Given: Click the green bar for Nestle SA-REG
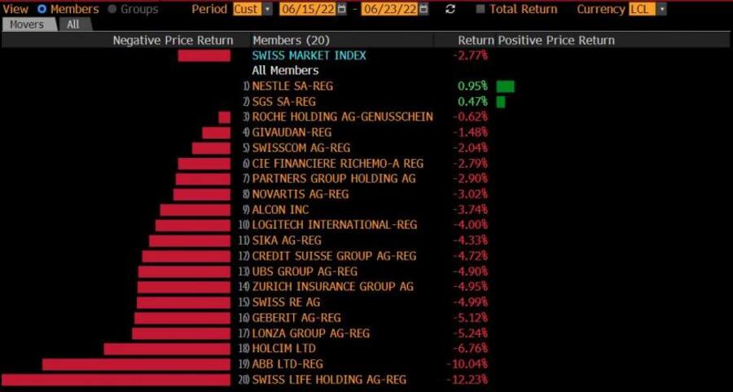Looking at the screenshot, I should point(505,86).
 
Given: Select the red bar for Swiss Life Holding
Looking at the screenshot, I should point(116,380).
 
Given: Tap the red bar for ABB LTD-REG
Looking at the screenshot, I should point(137,364).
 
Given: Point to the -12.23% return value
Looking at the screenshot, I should point(467,380).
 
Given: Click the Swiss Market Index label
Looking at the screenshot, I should point(309,55).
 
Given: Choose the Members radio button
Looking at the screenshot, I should point(42,9).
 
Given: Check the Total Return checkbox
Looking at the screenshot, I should point(481,9).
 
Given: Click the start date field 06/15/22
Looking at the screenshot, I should point(307,9).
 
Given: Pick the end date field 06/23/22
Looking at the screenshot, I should point(390,9).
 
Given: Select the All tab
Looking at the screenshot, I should point(73,24).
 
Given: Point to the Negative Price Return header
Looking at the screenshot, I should point(173,40).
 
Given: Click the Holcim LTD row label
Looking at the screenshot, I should point(283,349).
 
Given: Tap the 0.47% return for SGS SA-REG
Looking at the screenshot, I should point(472,102).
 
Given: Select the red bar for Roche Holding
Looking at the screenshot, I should point(224,117).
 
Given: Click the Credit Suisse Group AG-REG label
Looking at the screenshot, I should point(334,256).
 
